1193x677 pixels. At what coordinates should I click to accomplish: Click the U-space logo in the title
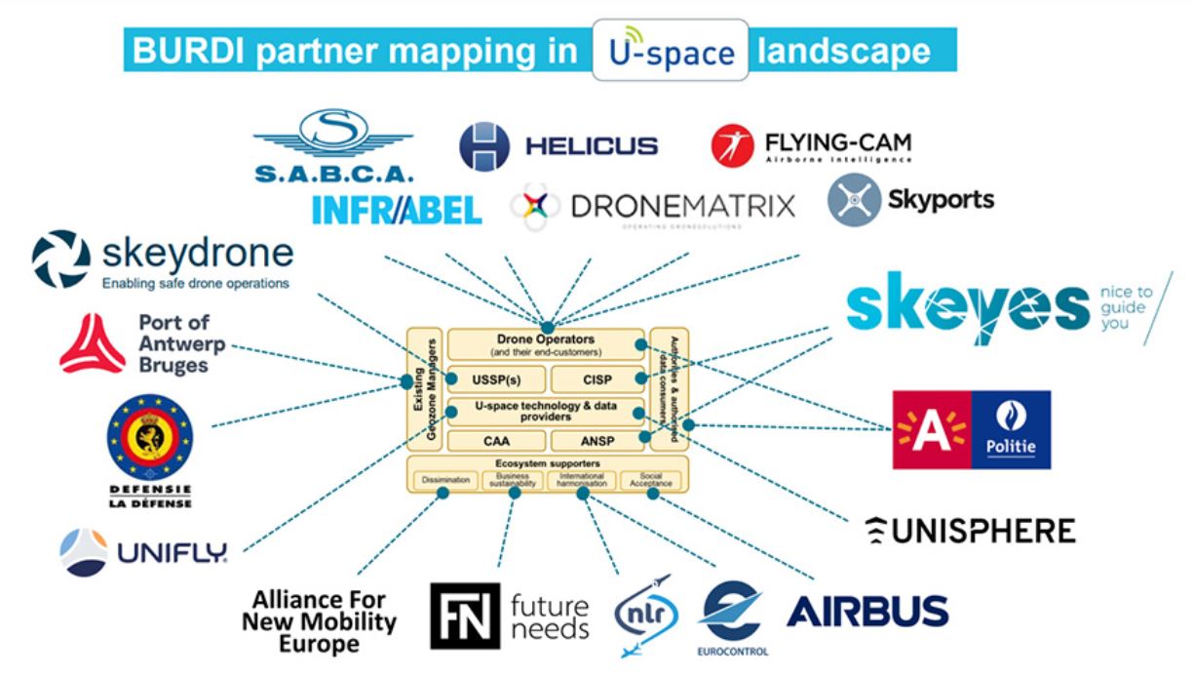[670, 50]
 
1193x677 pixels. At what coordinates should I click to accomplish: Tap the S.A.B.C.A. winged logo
[335, 146]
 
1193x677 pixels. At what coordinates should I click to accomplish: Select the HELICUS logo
[558, 146]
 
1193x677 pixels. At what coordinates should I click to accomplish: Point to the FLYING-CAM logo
[812, 145]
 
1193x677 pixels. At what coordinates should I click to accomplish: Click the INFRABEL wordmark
[397, 208]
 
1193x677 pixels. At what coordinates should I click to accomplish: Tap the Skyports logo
[910, 200]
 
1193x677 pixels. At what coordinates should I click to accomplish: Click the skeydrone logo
[163, 260]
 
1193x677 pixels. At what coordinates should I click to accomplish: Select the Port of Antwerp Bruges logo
[135, 344]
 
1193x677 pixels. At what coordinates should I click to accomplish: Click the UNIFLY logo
[143, 553]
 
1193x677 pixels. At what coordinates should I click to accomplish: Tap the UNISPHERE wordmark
[971, 531]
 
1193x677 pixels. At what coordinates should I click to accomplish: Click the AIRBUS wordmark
[866, 611]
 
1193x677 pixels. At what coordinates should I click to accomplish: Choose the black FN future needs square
[465, 617]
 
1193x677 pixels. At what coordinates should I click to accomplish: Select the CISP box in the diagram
[596, 378]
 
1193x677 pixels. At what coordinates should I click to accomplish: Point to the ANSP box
[596, 441]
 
